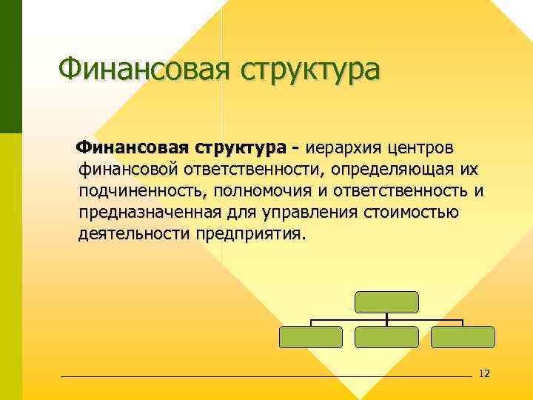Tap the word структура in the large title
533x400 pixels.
[x=308, y=71]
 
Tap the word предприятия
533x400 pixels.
[x=250, y=236]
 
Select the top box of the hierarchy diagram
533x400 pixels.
[x=386, y=301]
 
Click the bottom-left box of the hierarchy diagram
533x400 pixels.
[x=311, y=337]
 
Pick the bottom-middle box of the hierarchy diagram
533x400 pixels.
[x=386, y=337]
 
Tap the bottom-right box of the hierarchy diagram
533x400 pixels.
[x=462, y=337]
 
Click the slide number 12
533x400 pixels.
[x=485, y=373]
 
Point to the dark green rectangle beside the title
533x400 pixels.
[x=11, y=67]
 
